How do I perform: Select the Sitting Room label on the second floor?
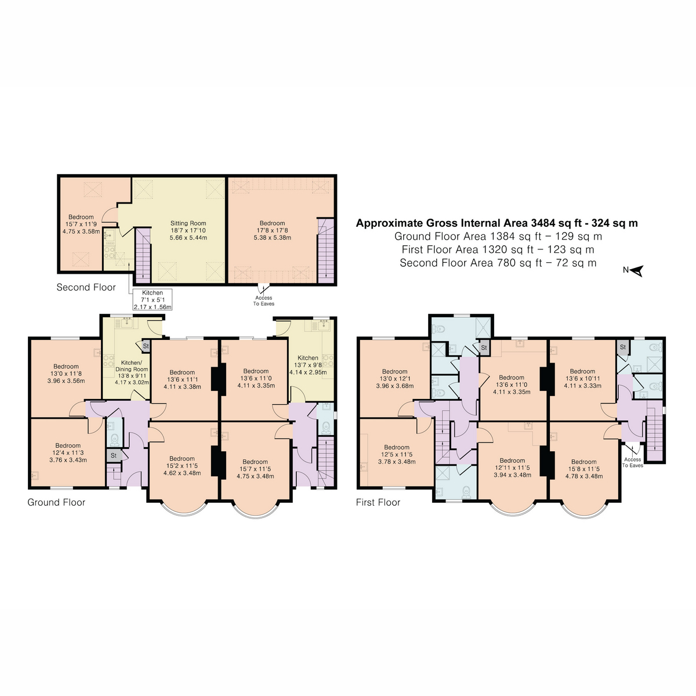tap(188, 230)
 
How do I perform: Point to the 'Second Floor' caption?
tap(86, 287)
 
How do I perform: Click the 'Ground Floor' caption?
tap(56, 502)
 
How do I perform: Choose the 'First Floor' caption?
tap(378, 502)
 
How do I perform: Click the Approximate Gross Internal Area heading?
tap(496, 223)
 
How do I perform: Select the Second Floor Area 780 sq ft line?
tap(498, 263)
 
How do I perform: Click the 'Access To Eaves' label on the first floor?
tap(632, 462)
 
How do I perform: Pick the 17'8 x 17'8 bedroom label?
tap(272, 230)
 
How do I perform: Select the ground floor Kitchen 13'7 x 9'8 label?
tap(307, 365)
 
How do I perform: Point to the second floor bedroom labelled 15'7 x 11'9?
tap(81, 224)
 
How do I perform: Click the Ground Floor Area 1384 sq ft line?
tap(498, 236)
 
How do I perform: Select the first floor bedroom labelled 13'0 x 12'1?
tap(394, 378)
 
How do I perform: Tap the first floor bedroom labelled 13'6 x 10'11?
tap(582, 378)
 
